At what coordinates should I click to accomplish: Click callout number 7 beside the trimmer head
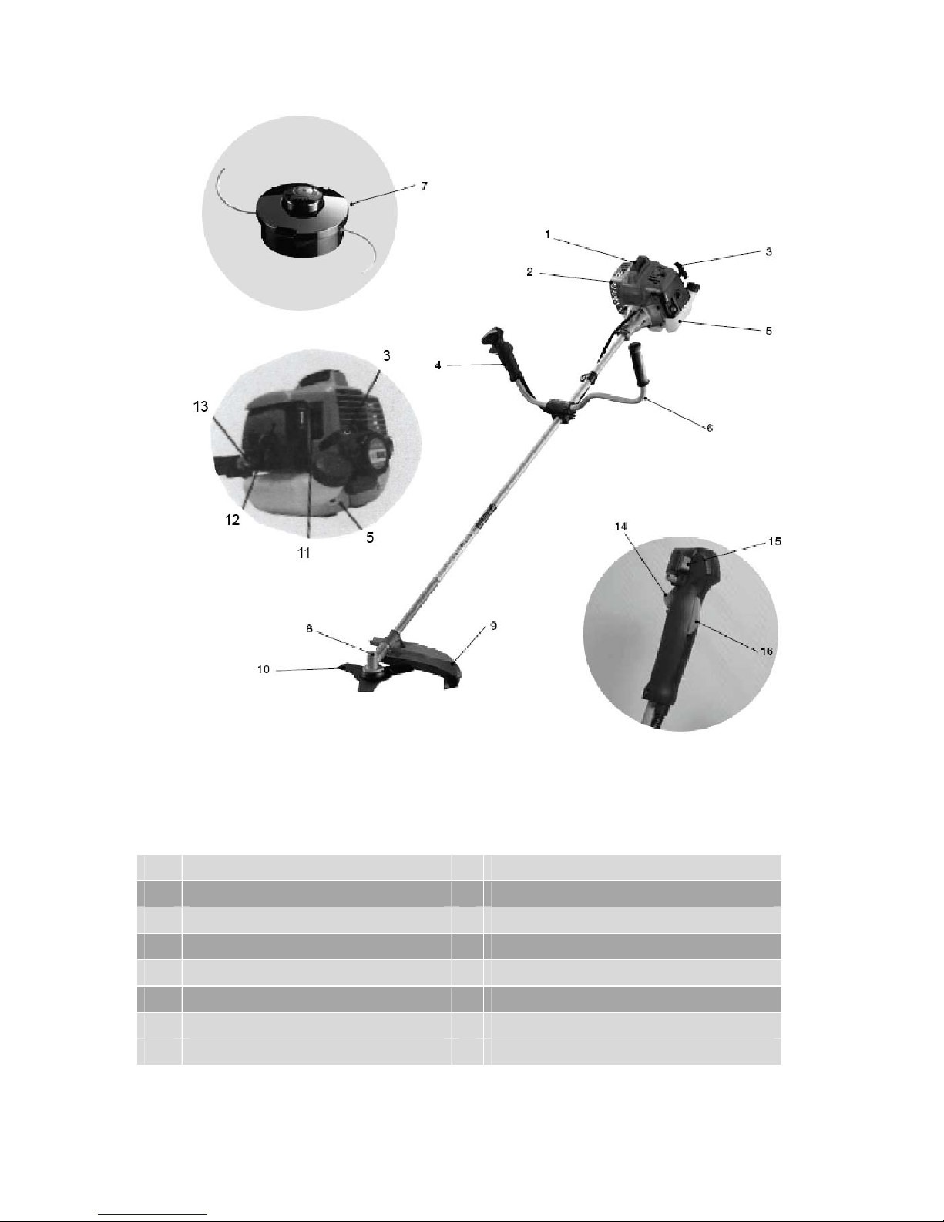[424, 186]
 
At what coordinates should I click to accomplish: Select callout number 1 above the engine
[548, 234]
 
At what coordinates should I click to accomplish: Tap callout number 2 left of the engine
[530, 272]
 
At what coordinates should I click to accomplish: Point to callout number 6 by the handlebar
[710, 428]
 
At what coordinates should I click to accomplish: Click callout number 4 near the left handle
[438, 365]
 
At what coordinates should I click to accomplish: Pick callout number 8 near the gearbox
[310, 628]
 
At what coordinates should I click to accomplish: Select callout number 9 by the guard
[493, 626]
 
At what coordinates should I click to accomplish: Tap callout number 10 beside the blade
[264, 669]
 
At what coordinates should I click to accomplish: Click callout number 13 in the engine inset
[200, 406]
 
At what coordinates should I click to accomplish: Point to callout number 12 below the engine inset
[232, 520]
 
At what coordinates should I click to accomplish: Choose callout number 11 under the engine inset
[304, 554]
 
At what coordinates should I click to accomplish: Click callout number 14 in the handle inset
[620, 527]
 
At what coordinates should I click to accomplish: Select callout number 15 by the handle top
[775, 541]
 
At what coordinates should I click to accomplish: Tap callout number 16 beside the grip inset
[767, 651]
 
